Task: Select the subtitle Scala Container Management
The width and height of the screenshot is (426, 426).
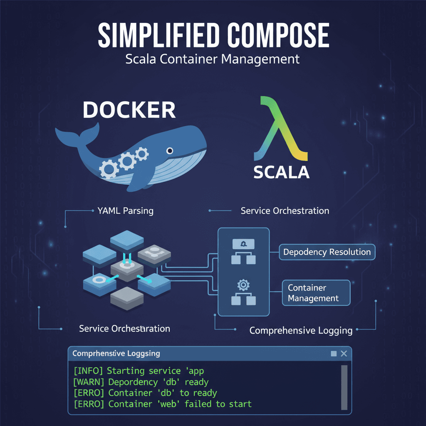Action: point(213,59)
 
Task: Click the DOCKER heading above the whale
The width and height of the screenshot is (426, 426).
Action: point(129,110)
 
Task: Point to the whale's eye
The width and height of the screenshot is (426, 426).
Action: point(169,151)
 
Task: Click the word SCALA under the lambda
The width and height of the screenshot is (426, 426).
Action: point(281,172)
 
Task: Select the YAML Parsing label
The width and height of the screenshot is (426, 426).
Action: point(125,211)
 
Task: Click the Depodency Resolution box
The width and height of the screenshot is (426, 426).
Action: point(327,252)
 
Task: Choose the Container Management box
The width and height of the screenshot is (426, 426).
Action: point(316,293)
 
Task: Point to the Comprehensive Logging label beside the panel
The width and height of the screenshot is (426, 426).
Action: point(301,331)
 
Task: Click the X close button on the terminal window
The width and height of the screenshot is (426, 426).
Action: point(344,354)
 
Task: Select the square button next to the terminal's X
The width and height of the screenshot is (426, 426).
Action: point(334,354)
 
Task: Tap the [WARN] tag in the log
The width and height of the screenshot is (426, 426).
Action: point(89,382)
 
